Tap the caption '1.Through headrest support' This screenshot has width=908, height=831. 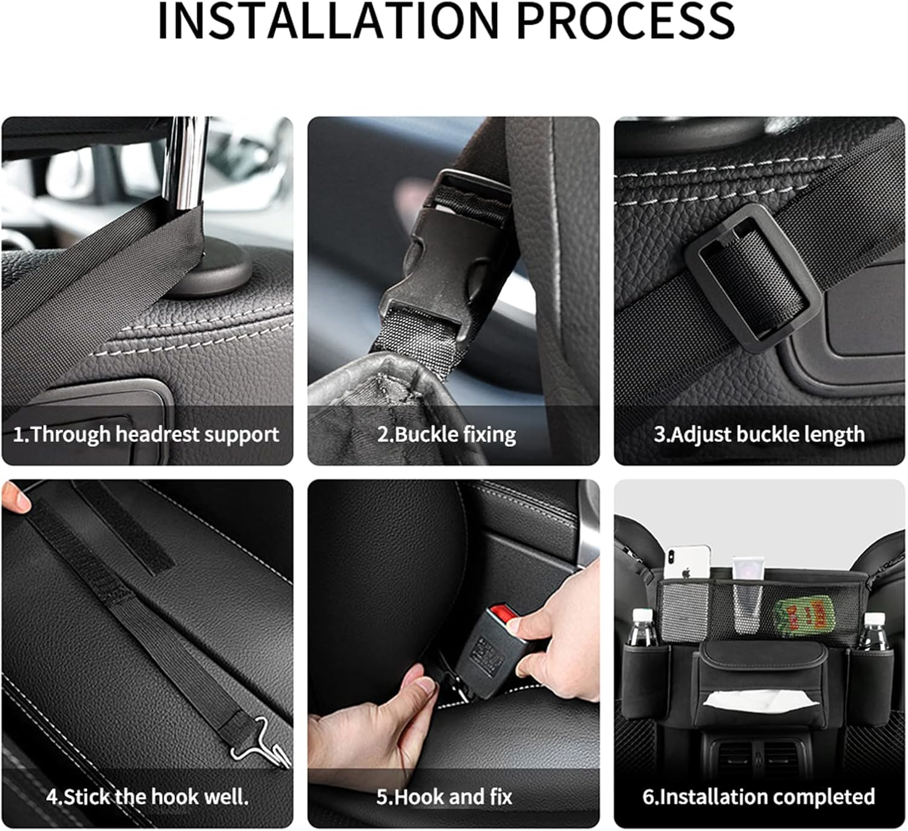click(146, 434)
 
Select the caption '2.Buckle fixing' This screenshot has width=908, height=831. click(447, 434)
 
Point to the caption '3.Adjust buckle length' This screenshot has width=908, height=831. click(759, 434)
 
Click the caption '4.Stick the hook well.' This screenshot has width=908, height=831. click(147, 796)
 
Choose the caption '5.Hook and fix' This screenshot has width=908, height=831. click(444, 796)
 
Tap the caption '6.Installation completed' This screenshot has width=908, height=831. click(758, 796)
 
